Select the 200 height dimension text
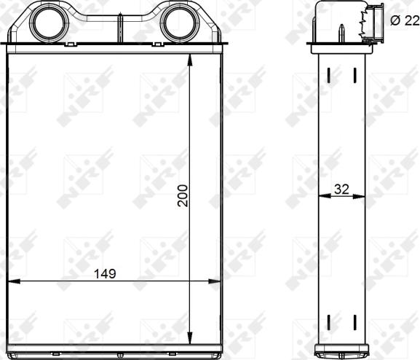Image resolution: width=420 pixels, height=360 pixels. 183,195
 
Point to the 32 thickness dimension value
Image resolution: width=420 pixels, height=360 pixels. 341,189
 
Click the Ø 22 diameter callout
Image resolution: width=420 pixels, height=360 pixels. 405,20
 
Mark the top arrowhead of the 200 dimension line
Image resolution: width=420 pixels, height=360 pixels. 190,60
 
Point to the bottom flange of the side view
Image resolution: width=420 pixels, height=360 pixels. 341,352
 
